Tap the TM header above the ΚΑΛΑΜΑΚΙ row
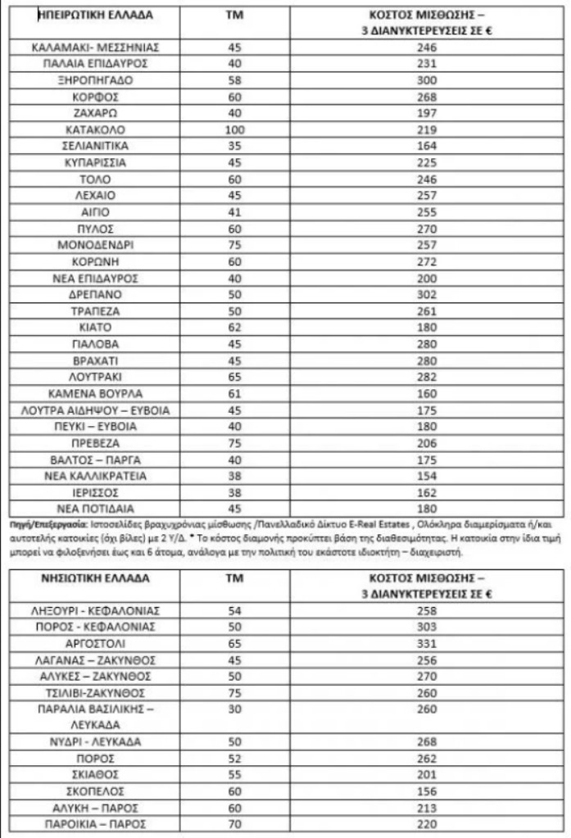(x=234, y=16)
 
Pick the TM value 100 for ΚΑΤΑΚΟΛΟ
(x=234, y=129)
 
